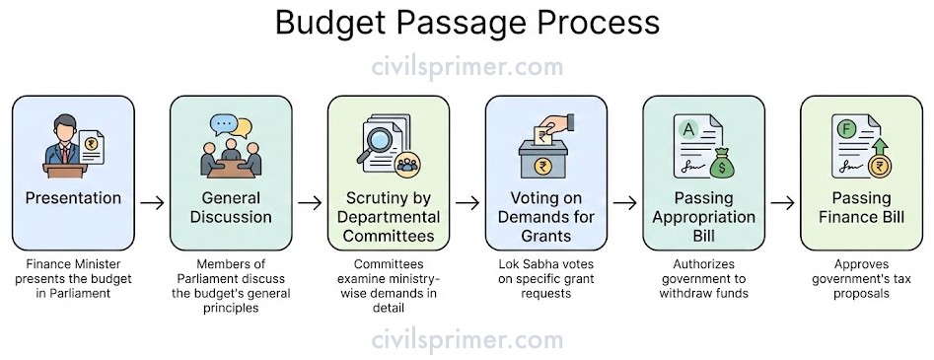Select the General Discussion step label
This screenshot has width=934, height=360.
(x=232, y=209)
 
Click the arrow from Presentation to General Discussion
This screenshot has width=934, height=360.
(x=152, y=203)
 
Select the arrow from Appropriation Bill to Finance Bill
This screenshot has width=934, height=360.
(x=782, y=203)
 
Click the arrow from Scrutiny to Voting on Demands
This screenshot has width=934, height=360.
(x=467, y=203)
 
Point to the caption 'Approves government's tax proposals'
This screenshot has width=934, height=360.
(x=861, y=278)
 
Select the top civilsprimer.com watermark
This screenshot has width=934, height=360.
(x=467, y=67)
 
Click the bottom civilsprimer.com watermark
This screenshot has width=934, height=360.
(x=467, y=340)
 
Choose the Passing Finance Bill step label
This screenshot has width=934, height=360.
(x=861, y=209)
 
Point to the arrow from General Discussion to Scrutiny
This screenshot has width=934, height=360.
(x=310, y=203)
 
